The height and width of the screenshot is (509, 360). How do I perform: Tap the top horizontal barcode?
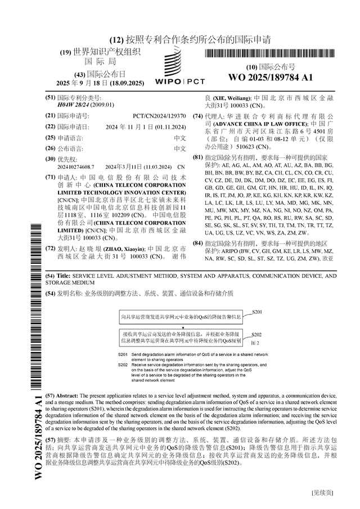(x=270, y=55)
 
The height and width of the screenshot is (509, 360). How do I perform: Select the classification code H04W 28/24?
(x=74, y=105)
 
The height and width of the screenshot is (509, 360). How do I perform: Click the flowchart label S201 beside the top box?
(x=257, y=312)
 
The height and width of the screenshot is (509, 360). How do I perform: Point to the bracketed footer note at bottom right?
(x=322, y=493)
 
